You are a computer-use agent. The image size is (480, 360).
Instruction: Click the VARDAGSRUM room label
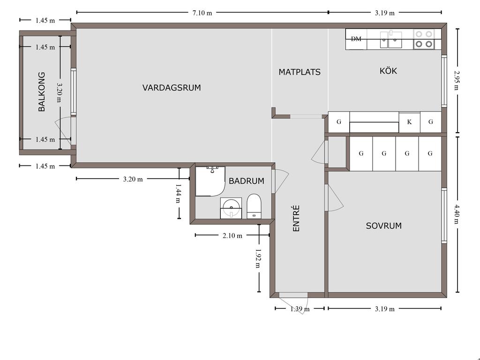coord(172,88)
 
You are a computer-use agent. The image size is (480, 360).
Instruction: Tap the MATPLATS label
coord(300,72)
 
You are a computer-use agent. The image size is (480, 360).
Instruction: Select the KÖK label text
coord(388,71)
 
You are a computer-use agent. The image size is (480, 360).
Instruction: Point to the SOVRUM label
coord(383,226)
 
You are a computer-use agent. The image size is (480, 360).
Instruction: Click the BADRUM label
coord(247,181)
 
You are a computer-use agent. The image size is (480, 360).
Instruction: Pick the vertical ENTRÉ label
coord(296,218)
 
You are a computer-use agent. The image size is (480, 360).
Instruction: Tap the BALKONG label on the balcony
coord(42,92)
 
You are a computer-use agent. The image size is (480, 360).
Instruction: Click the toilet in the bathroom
coord(254,206)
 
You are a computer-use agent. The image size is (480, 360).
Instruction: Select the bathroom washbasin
coord(231,208)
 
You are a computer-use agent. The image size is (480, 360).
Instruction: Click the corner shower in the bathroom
coord(210,181)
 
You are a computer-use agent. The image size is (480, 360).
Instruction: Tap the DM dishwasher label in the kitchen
coord(356,39)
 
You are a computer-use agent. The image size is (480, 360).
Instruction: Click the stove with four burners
coord(424,39)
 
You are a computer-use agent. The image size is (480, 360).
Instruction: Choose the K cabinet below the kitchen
coord(409,122)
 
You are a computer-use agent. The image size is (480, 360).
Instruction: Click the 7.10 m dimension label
coord(202,13)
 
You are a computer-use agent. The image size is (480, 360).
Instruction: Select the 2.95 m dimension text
coord(457,81)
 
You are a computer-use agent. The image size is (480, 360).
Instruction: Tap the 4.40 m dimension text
coord(457,214)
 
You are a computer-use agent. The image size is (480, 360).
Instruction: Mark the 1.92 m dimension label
coord(258,258)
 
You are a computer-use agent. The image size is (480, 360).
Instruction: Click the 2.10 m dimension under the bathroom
coord(232,236)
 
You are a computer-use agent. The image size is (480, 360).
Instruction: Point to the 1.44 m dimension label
coord(178,194)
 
